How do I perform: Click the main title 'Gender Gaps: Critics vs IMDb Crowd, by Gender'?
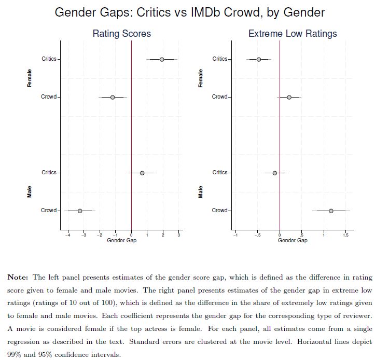pos(187,12)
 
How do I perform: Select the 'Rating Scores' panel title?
pos(121,34)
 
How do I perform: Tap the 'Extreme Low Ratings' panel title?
pos(293,34)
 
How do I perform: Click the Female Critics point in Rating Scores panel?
pos(162,59)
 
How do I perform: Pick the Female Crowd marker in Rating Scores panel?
pos(113,97)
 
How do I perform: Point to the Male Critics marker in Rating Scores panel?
pos(142,173)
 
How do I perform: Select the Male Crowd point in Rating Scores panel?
pos(80,211)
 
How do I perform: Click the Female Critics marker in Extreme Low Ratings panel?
pos(259,59)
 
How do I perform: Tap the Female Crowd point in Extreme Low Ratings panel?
pos(289,97)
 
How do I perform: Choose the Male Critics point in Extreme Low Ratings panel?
pos(275,173)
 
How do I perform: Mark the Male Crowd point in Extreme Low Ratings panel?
pos(331,211)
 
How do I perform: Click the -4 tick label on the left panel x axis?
pos(67,236)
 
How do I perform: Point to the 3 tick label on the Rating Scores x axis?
pos(179,236)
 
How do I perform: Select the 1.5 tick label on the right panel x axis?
pos(345,236)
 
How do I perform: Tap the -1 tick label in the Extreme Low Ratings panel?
pos(235,236)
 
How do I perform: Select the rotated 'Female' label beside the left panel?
pos(30,78)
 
